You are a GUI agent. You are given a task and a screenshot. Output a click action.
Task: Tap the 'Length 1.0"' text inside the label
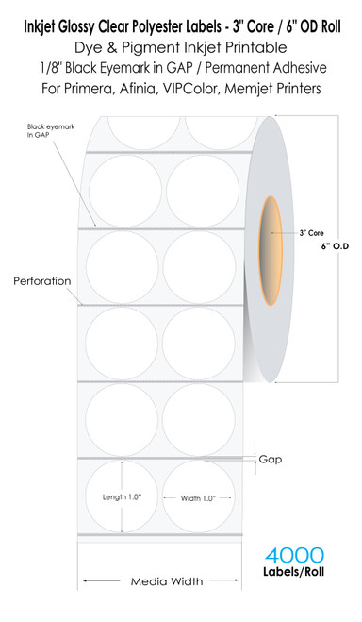pyautogui.click(x=124, y=496)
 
